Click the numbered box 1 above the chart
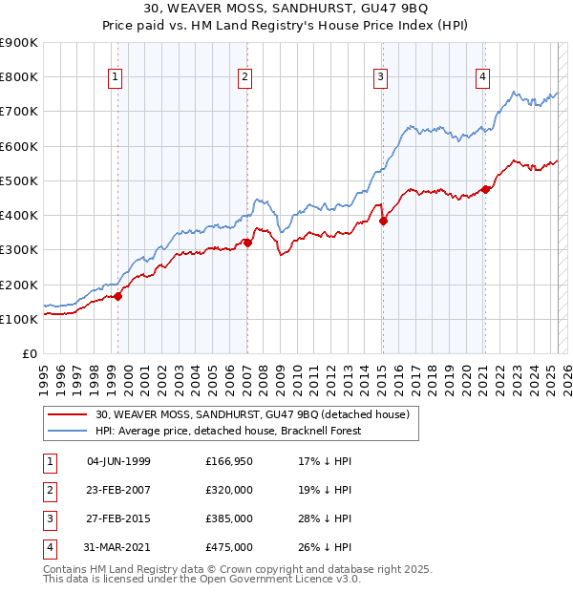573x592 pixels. [115, 77]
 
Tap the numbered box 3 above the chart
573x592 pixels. [380, 77]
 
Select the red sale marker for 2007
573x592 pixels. [247, 243]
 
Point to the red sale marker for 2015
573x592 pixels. [383, 221]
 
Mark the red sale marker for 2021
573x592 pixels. [485, 189]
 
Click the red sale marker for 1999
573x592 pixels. [118, 296]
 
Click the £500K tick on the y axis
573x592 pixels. [20, 180]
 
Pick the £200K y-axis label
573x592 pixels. [20, 285]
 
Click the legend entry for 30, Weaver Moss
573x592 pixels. [252, 414]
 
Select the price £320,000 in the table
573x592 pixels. [229, 490]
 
